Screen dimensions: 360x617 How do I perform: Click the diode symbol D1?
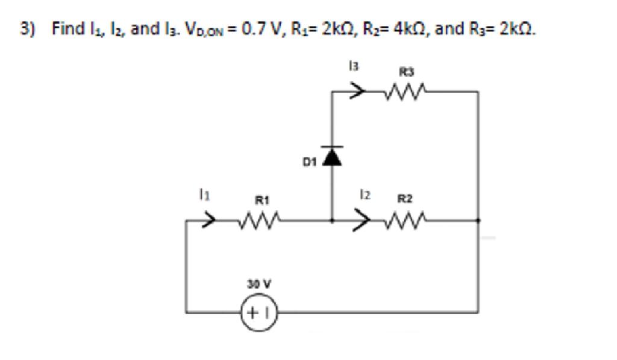(333, 156)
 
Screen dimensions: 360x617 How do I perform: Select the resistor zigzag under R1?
(258, 221)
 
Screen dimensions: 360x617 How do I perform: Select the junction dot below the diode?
(333, 221)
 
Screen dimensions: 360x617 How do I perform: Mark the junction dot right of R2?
(478, 221)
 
